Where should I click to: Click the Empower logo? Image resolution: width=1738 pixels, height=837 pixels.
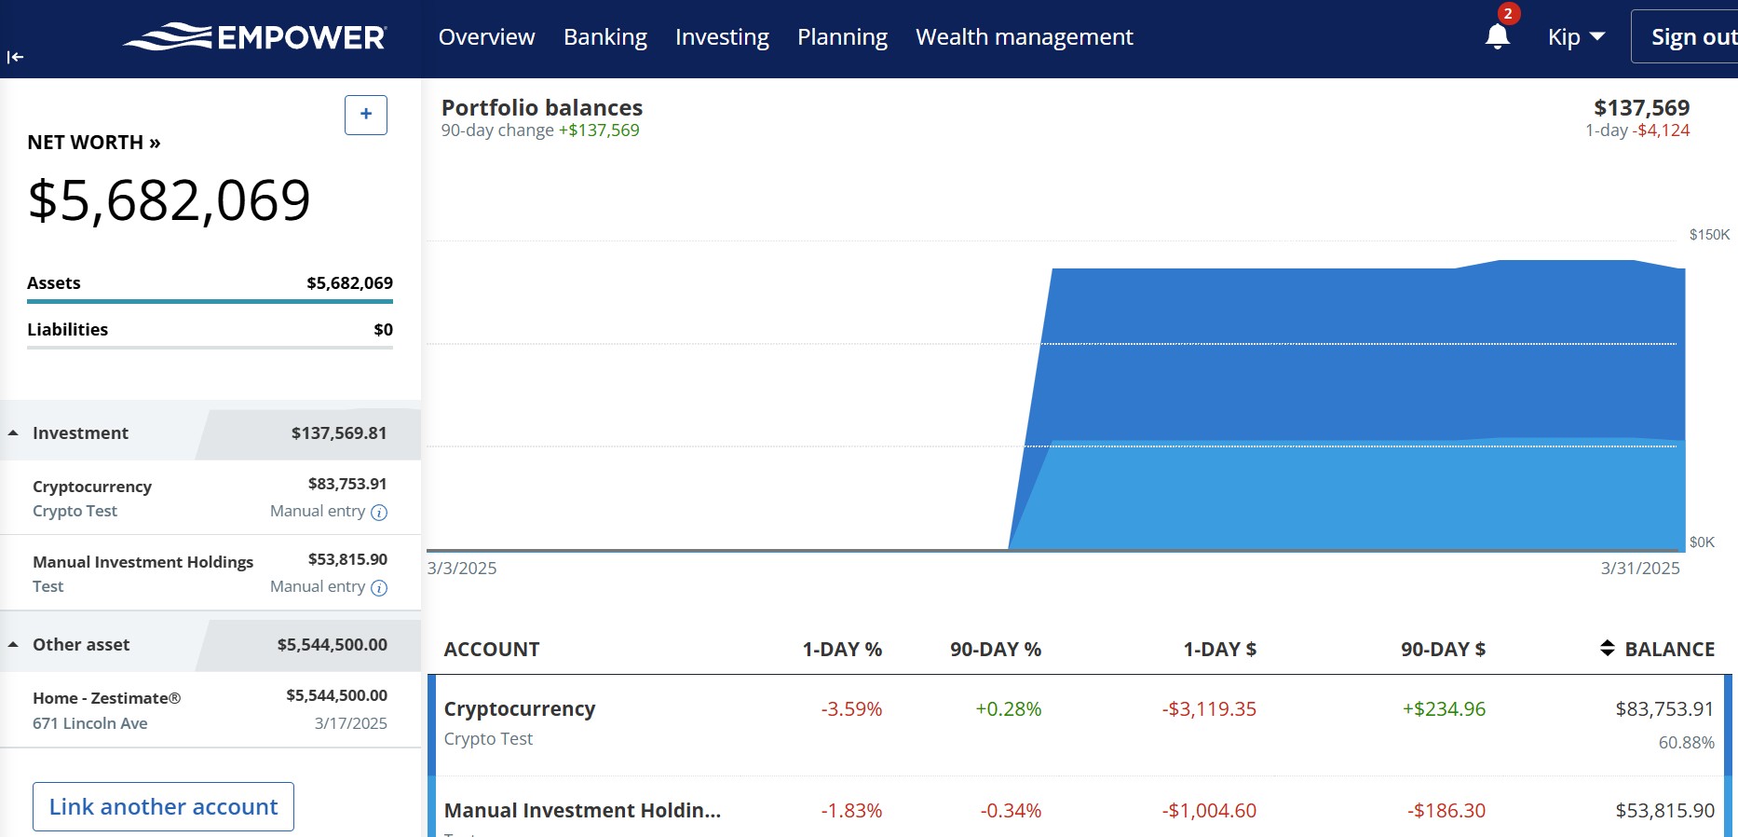point(254,37)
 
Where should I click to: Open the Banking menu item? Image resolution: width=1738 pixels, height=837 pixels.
point(604,37)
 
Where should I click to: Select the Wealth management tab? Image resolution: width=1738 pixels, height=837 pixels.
point(1024,37)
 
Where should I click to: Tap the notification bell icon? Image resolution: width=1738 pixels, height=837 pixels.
point(1497,36)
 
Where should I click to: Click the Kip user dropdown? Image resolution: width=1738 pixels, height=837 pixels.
point(1576,37)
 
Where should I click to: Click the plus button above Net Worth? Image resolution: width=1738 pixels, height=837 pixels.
point(366,115)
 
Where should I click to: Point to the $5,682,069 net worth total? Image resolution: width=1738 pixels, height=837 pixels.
point(170,200)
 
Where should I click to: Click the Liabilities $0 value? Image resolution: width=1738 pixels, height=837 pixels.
point(383,330)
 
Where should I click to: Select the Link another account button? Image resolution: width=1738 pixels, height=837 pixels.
point(163,806)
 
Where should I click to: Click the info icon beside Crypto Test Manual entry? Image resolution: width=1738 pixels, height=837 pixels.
point(379,512)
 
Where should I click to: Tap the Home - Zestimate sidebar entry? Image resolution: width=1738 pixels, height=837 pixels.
point(106,698)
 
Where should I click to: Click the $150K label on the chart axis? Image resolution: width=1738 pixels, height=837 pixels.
point(1709,235)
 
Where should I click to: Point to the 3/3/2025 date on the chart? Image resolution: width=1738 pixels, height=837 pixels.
point(462,569)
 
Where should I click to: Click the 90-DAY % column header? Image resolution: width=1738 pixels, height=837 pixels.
point(995,650)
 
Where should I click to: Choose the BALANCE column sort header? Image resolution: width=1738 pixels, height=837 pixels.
point(1658,650)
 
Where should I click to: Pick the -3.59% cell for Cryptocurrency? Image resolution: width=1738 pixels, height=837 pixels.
point(851,709)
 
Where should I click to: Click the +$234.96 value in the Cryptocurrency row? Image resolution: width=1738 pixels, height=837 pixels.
point(1444,709)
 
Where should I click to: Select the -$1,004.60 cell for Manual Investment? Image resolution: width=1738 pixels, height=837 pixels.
point(1209,811)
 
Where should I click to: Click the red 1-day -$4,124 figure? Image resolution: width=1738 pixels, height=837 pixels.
point(1663,130)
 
